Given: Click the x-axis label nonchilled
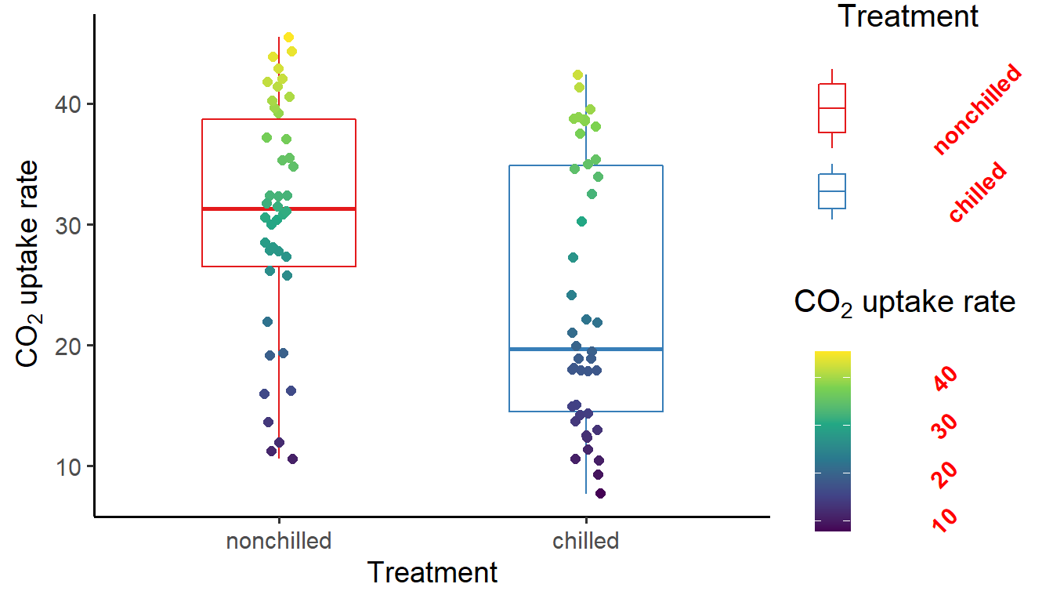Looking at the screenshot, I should click(x=279, y=541).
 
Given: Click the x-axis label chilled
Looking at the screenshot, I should click(x=586, y=541).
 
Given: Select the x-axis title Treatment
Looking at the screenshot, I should click(x=432, y=573).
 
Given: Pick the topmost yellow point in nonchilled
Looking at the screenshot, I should click(x=288, y=37).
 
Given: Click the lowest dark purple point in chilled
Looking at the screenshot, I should click(x=600, y=493).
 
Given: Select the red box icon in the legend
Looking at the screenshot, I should click(x=832, y=108).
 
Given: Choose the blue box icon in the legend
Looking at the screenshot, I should click(x=832, y=191).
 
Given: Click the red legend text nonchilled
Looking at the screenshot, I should click(x=978, y=110).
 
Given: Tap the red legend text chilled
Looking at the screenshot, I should click(x=978, y=192).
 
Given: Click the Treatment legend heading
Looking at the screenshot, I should click(x=908, y=16).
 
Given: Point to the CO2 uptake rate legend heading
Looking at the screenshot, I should click(x=905, y=303).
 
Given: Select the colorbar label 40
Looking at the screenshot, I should click(x=946, y=379).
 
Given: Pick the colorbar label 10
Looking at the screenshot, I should click(x=946, y=519).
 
